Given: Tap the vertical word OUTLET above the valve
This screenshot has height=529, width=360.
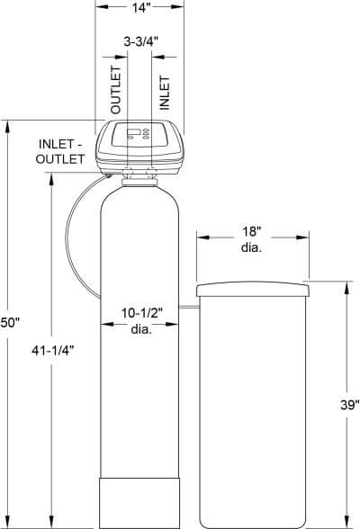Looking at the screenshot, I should click(115, 89).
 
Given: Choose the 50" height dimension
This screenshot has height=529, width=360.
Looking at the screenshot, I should click(12, 321).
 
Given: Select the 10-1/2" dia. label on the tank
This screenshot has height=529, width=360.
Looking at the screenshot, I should click(141, 320).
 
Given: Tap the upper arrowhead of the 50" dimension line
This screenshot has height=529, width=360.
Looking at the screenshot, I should click(12, 125).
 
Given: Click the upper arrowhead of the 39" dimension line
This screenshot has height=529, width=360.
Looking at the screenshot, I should click(348, 286).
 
